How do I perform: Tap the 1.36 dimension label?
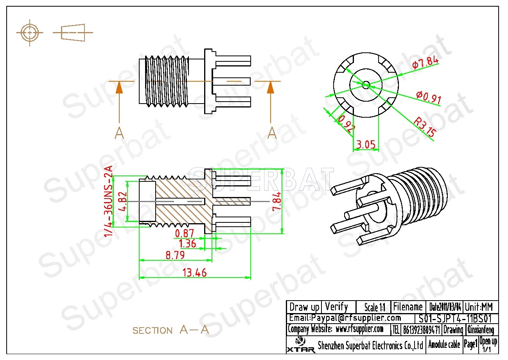(187, 244)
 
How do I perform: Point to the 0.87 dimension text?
(185, 233)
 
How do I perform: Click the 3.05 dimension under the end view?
(366, 145)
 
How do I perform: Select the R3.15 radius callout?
(425, 128)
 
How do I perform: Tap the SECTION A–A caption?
(171, 330)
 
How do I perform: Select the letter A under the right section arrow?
(272, 133)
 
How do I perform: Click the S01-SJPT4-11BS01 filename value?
(455, 318)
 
